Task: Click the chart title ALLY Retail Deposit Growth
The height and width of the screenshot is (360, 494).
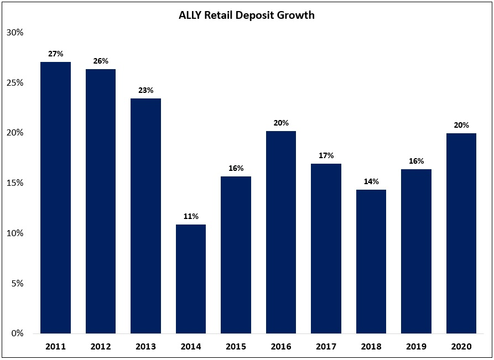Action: (247, 15)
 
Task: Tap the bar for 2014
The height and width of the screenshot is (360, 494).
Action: (191, 279)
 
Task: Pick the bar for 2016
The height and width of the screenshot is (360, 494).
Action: (281, 232)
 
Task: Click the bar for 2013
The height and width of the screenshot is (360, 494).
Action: (145, 216)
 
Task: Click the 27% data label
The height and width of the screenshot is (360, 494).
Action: (55, 54)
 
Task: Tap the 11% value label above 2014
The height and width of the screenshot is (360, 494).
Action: (191, 216)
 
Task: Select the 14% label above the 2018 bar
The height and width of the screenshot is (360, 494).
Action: (371, 181)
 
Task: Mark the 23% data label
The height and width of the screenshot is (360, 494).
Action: (145, 90)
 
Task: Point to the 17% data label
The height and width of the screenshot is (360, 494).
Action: (326, 155)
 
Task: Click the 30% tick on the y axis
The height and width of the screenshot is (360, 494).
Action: (15, 32)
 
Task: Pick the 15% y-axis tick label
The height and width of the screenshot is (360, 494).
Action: (15, 183)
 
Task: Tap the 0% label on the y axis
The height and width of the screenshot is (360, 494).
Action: (17, 333)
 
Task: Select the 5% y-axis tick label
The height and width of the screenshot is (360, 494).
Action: (17, 283)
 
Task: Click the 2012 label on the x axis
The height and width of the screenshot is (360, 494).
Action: (101, 347)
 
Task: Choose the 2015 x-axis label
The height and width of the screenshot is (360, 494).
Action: (236, 347)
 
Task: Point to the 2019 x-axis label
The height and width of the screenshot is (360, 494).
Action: (416, 347)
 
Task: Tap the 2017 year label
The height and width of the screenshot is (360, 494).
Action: (326, 347)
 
